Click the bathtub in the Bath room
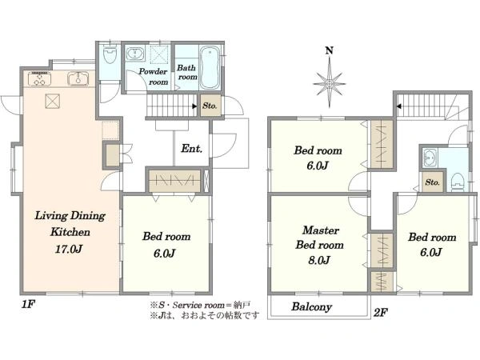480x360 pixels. tap(210, 68)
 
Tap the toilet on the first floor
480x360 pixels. tap(110, 54)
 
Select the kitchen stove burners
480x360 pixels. tap(39, 78)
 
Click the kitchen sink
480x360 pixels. tap(78, 78)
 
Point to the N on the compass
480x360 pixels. tap(329, 50)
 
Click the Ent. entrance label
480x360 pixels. tap(192, 149)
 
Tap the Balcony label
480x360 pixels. tap(311, 306)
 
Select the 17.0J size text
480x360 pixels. tap(69, 249)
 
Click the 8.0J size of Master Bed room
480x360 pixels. tap(319, 260)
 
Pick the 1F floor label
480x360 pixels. tap(28, 304)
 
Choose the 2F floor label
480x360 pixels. tap(381, 313)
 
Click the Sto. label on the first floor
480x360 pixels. tap(210, 106)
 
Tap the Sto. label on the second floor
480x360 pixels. tap(432, 182)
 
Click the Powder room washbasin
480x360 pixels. tap(134, 54)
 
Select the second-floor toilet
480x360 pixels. tap(458, 182)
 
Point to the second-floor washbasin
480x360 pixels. tap(430, 158)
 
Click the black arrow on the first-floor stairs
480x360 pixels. tap(194, 106)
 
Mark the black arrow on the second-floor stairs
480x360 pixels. tap(399, 106)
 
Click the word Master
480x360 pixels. tap(321, 230)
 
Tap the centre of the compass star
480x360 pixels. tap(329, 83)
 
